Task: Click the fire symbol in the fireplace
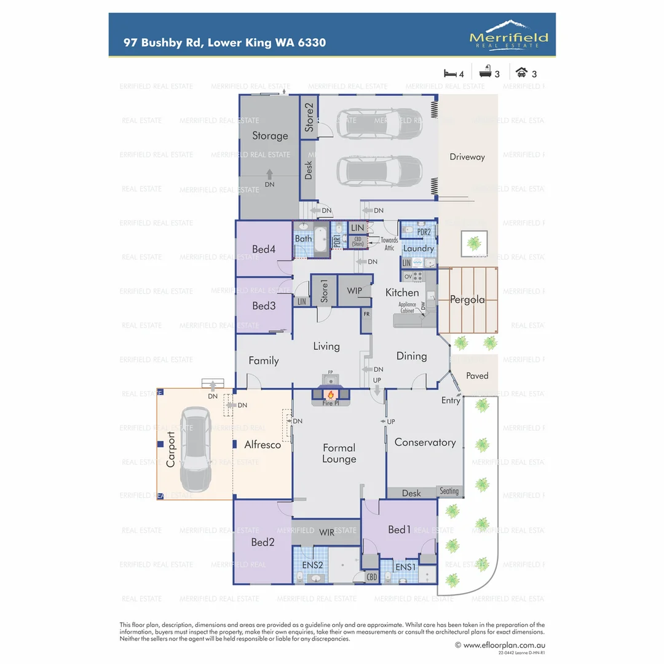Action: pyautogui.click(x=330, y=394)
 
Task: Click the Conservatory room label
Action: pyautogui.click(x=425, y=442)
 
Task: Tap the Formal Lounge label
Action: pyautogui.click(x=339, y=453)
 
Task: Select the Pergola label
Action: pyautogui.click(x=467, y=300)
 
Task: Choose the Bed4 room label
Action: pyautogui.click(x=264, y=249)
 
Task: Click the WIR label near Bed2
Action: pyautogui.click(x=327, y=532)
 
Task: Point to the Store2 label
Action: pyautogui.click(x=310, y=117)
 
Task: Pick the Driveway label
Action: pyautogui.click(x=467, y=157)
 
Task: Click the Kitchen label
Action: pyautogui.click(x=402, y=293)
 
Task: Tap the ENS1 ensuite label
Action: pyautogui.click(x=405, y=566)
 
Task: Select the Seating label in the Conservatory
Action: pyautogui.click(x=449, y=491)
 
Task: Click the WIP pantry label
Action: pyautogui.click(x=355, y=290)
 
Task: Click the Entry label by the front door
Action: pyautogui.click(x=451, y=400)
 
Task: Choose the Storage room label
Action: pyautogui.click(x=270, y=136)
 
